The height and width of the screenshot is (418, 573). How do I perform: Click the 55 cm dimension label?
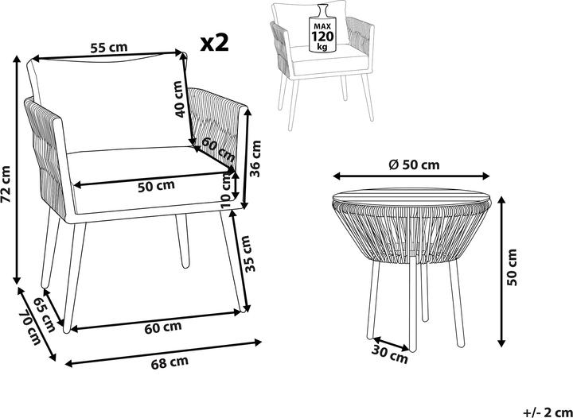tap(109, 48)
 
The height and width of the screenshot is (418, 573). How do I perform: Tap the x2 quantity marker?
tap(215, 43)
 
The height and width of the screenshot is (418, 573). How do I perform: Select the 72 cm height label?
tap(6, 184)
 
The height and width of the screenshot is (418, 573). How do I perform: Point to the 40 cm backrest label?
tap(179, 99)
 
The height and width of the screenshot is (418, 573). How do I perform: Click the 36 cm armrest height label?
tap(255, 158)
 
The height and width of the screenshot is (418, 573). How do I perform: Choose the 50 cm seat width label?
tap(156, 185)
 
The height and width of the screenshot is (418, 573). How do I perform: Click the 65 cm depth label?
tap(45, 315)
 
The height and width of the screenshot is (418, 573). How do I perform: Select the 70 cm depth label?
tap(30, 327)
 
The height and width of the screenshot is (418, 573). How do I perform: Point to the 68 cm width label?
tap(170, 362)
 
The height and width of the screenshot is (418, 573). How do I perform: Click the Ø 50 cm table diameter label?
tap(414, 165)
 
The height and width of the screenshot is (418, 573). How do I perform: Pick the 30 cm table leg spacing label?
tap(389, 354)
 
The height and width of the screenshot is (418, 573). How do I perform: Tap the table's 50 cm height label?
tap(512, 267)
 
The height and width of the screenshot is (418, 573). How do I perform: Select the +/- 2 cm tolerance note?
tap(548, 412)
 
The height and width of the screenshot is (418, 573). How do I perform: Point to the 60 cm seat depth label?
tap(218, 150)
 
